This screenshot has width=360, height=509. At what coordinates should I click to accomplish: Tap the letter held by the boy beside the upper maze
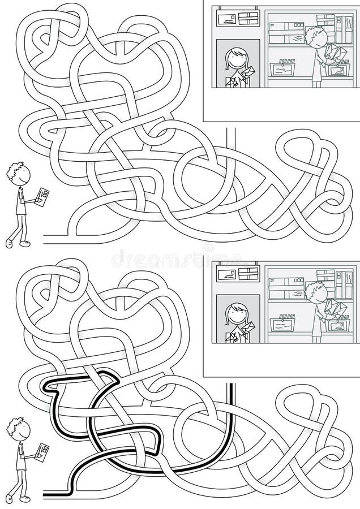pyautogui.click(x=42, y=196)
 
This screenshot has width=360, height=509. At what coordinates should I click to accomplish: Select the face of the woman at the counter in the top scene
pyautogui.click(x=236, y=59)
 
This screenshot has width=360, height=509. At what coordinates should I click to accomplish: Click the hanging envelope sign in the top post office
pyautogui.click(x=234, y=19)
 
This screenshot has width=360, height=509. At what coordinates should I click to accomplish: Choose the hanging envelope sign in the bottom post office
pyautogui.click(x=234, y=274)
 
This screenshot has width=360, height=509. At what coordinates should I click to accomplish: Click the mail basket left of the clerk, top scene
pyautogui.click(x=283, y=68)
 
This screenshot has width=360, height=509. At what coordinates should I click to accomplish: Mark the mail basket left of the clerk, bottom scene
pyautogui.click(x=283, y=324)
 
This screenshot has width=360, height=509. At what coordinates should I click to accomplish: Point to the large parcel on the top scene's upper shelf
pyautogui.click(x=286, y=33)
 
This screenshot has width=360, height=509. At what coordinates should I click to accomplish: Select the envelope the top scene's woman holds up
pyautogui.click(x=248, y=72)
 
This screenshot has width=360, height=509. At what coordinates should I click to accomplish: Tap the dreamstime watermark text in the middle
pyautogui.click(x=179, y=258)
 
